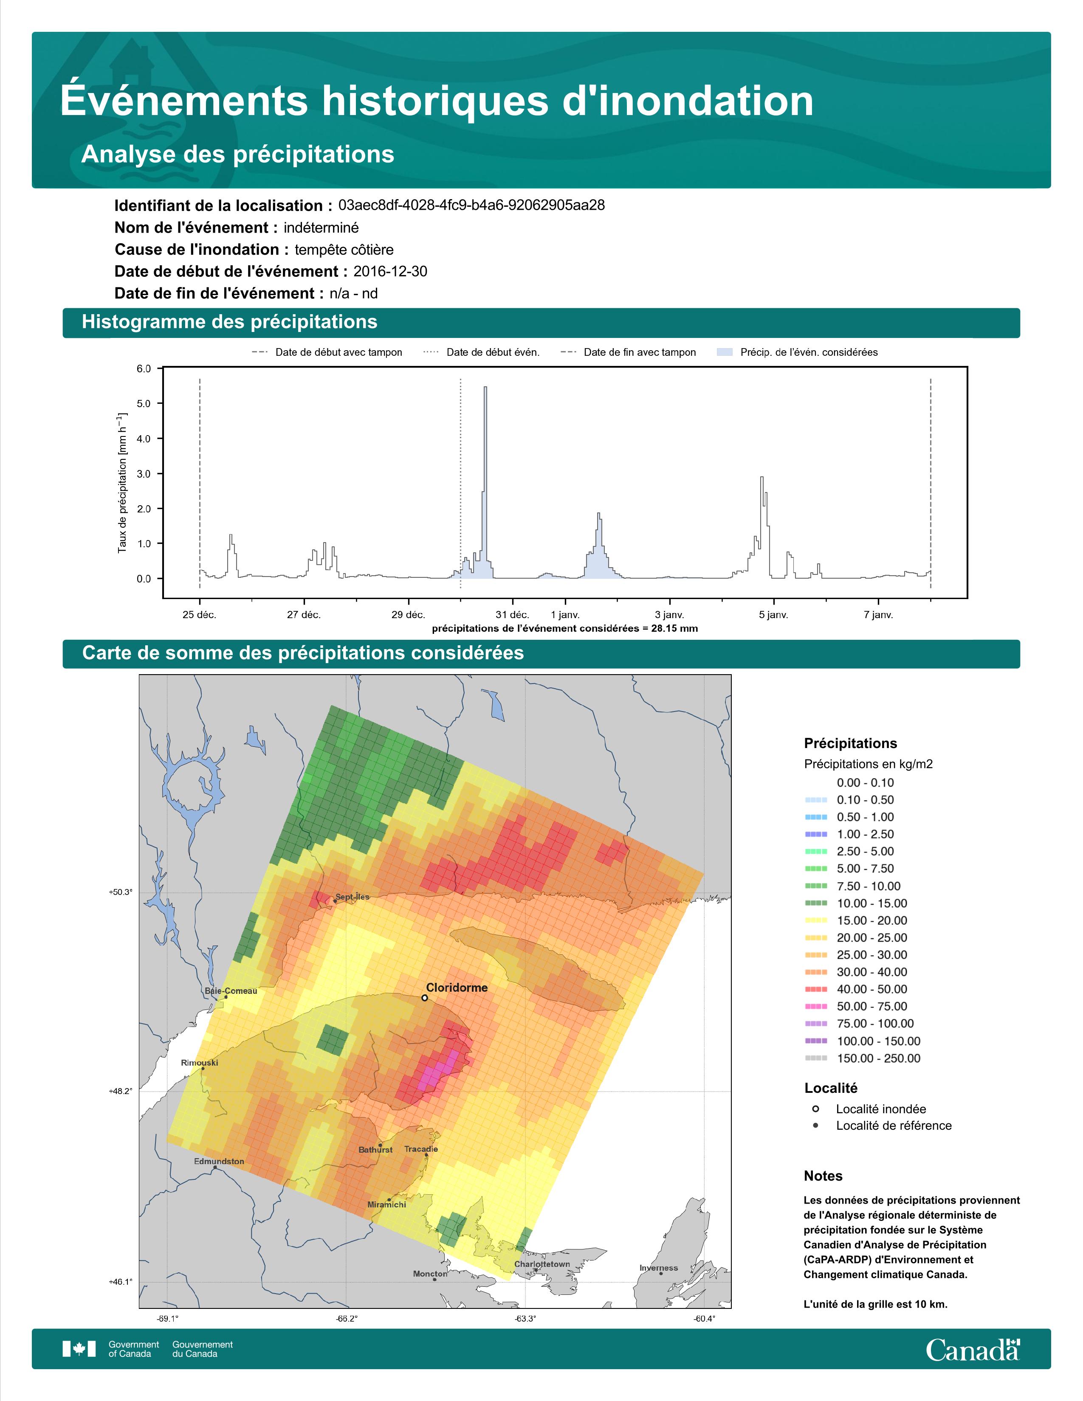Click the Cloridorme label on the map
(x=457, y=987)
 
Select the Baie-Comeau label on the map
(x=231, y=990)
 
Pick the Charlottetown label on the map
(x=542, y=1264)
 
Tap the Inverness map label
(x=658, y=1268)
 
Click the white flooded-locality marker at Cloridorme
(x=424, y=998)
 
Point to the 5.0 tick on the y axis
(x=144, y=403)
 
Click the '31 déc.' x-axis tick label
(x=512, y=615)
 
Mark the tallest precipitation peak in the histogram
(x=485, y=388)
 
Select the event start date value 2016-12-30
(x=390, y=271)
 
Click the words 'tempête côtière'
(x=344, y=250)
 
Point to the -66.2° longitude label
(x=347, y=1319)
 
